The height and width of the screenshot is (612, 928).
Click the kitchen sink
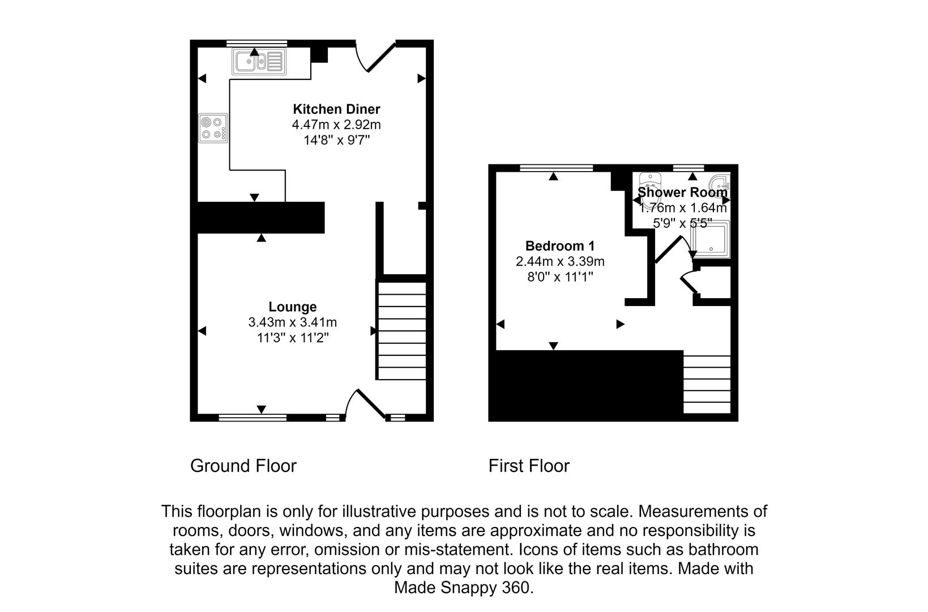click(258, 61)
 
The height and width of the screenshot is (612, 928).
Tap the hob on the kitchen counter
click(213, 128)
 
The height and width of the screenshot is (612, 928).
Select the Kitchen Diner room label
click(336, 109)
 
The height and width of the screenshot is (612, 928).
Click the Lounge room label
click(292, 307)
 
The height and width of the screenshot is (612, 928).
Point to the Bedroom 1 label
click(559, 246)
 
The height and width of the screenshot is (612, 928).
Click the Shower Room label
click(682, 192)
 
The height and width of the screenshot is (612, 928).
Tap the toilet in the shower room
click(651, 184)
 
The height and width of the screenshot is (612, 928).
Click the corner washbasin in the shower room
click(721, 182)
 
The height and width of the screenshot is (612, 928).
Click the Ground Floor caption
click(243, 466)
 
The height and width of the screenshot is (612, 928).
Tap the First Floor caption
click(529, 466)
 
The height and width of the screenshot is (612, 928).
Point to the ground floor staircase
click(401, 330)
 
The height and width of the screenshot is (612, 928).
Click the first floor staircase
click(707, 384)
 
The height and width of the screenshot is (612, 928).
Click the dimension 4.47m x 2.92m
click(336, 125)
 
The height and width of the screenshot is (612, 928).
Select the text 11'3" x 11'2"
click(292, 338)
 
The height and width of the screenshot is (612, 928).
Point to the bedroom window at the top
click(556, 167)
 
